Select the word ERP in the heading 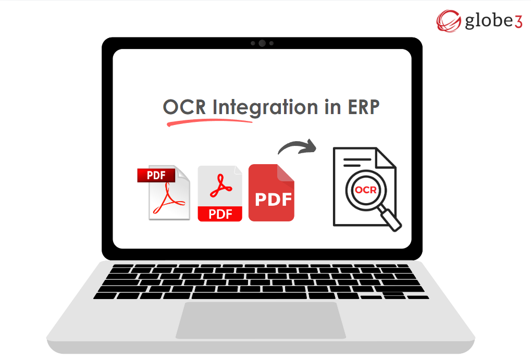(x=363, y=107)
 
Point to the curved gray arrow (x=298, y=147)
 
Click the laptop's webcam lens (x=262, y=43)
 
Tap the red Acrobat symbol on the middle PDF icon (x=220, y=187)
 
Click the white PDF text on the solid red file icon (x=271, y=200)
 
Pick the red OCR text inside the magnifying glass (x=365, y=190)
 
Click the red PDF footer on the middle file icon (x=220, y=214)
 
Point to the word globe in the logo (x=483, y=22)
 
